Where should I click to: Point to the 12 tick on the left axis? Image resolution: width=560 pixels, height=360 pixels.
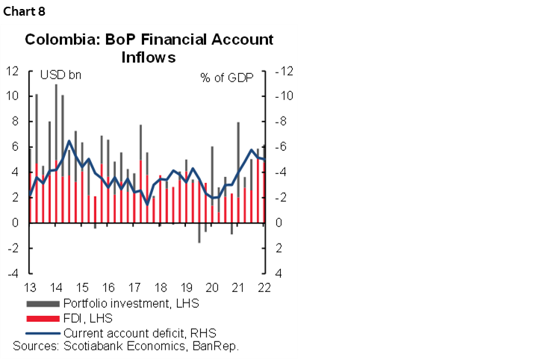point(12,71)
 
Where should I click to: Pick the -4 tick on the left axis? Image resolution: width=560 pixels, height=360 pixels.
point(13,273)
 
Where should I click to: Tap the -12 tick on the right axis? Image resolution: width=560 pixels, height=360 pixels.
point(284,71)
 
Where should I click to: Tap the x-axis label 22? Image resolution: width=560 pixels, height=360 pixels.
point(264,288)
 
